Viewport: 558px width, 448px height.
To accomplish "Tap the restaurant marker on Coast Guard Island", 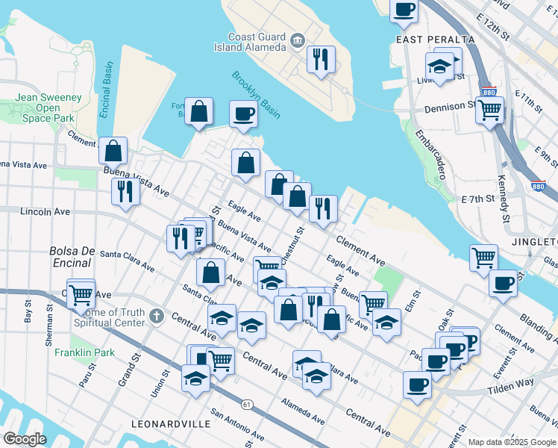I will click(x=321, y=59).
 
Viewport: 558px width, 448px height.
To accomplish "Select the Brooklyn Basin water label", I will click(x=255, y=95).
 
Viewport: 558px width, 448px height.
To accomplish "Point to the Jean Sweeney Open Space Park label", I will click(x=48, y=108).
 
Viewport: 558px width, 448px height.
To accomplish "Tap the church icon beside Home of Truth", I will click(x=155, y=317).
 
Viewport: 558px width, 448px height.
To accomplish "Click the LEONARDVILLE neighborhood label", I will click(x=170, y=423).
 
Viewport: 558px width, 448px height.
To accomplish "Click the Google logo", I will click(x=25, y=439).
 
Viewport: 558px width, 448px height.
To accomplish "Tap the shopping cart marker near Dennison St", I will click(x=489, y=111).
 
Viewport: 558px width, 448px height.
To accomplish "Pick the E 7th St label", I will click(x=478, y=199).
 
